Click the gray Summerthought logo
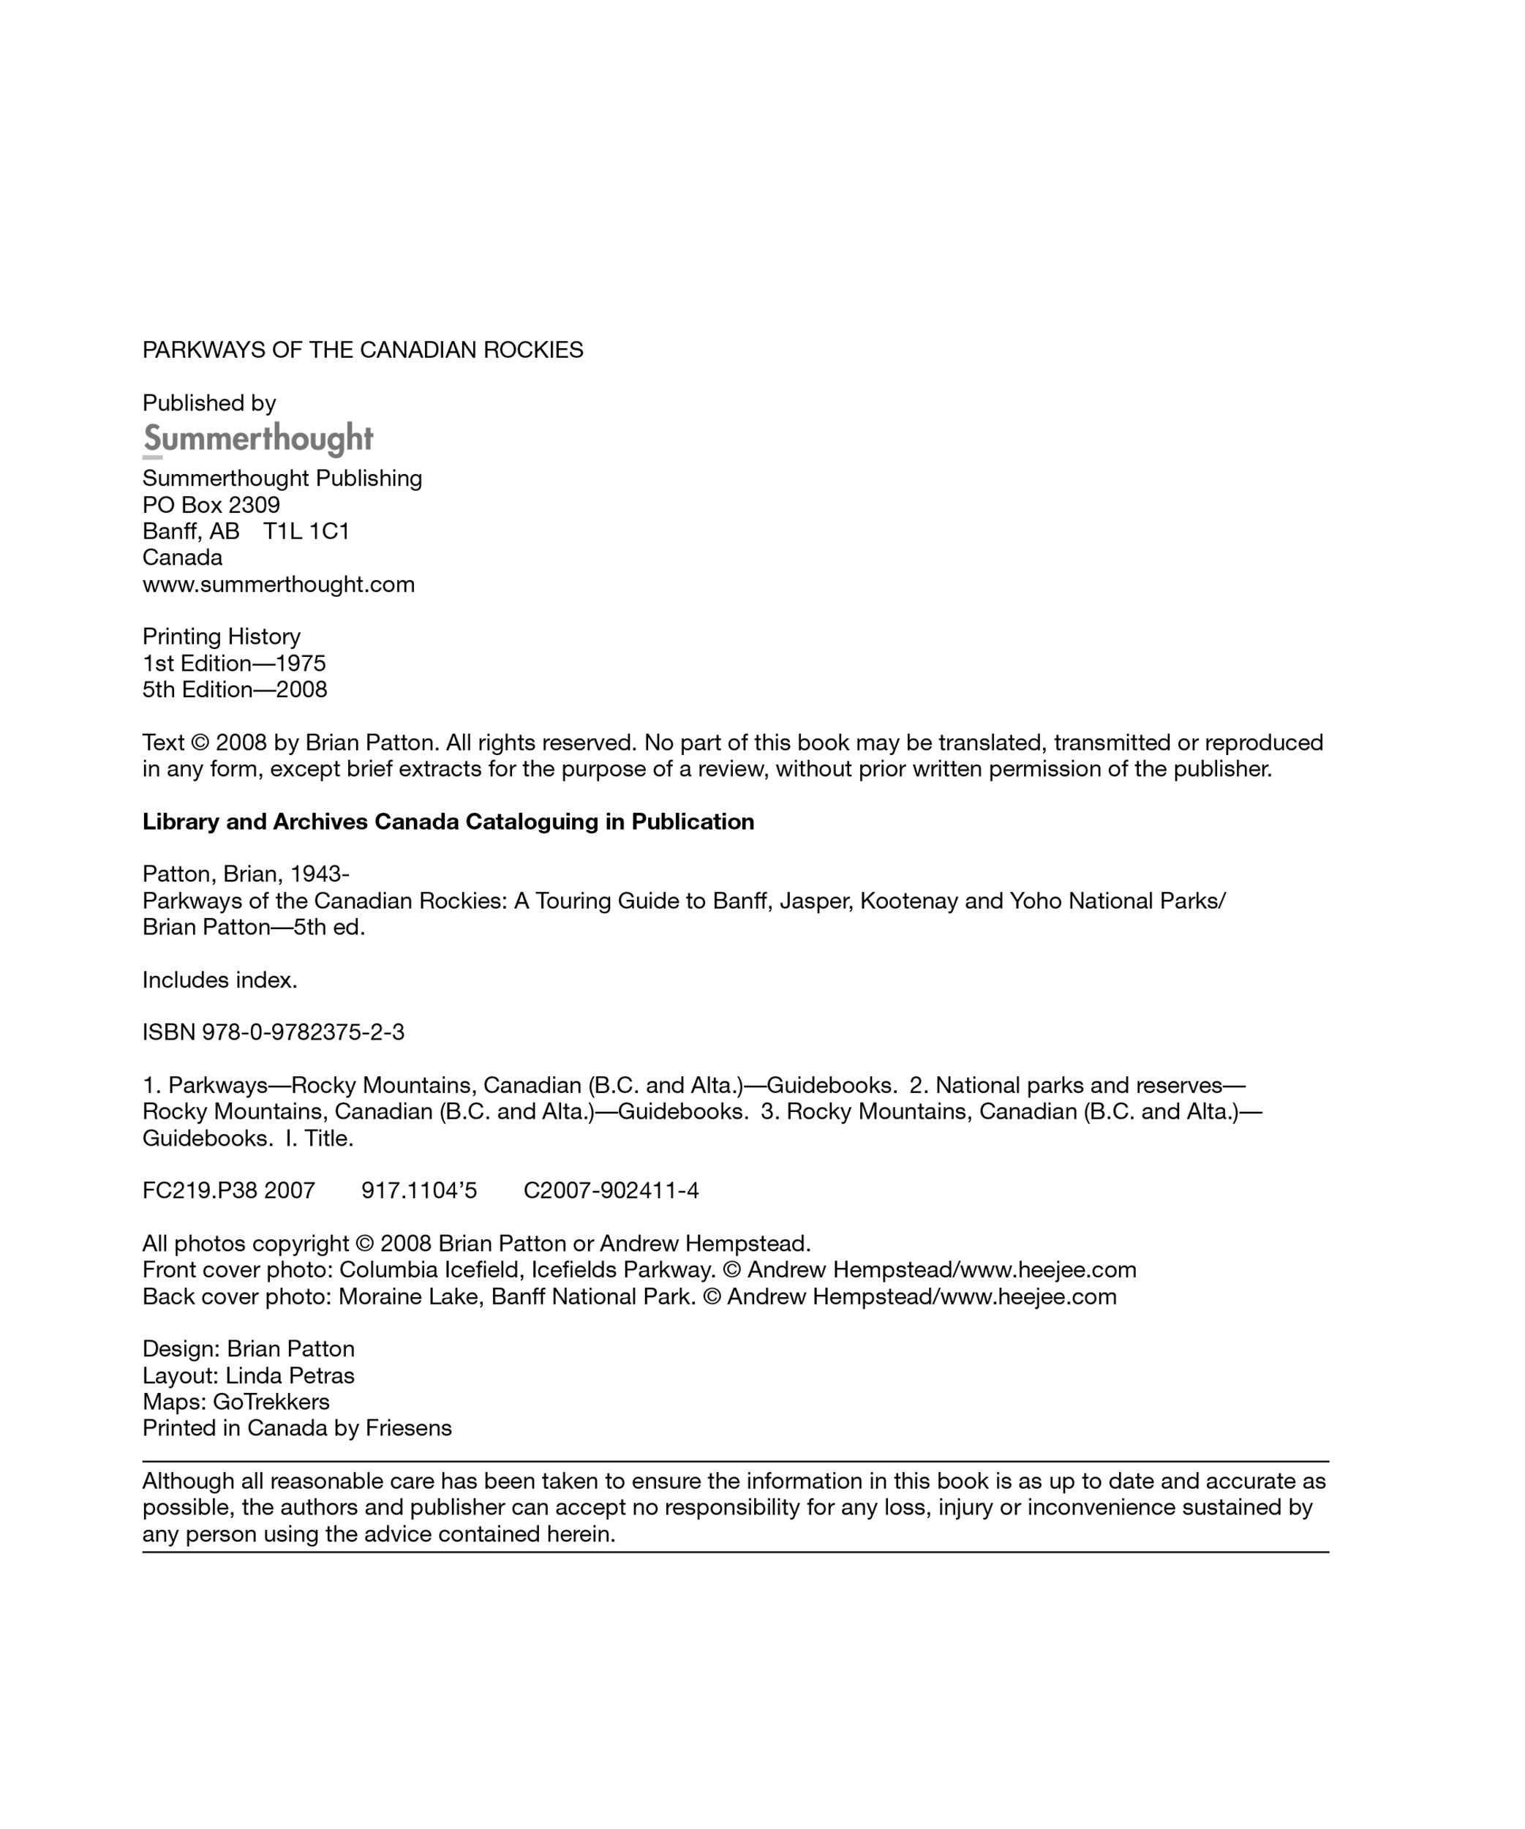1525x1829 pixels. (x=257, y=439)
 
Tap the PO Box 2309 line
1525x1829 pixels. (x=211, y=505)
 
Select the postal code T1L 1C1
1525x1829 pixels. (x=306, y=531)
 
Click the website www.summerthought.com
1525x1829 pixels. (x=279, y=585)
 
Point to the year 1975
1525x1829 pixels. (x=301, y=664)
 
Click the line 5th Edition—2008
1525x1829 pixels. (x=236, y=690)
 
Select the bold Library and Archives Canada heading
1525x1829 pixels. (x=448, y=822)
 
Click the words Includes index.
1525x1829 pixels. (x=219, y=980)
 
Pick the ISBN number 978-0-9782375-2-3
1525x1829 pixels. (x=303, y=1033)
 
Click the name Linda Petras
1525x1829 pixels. (x=290, y=1376)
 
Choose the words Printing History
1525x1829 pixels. (x=221, y=636)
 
